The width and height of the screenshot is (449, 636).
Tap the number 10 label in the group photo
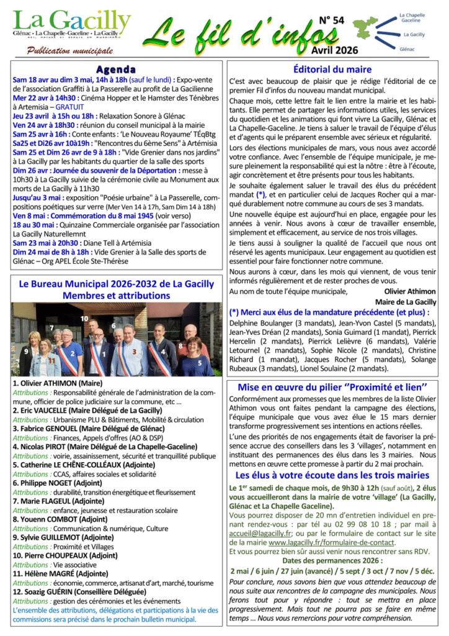point(84,318)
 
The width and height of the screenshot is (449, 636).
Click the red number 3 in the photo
point(135,351)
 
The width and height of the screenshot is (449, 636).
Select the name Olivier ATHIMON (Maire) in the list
point(58,384)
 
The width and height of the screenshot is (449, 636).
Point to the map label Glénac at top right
point(407,48)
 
